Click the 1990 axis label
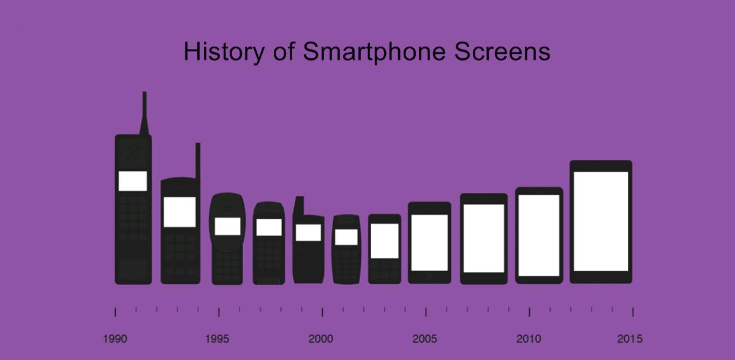115,339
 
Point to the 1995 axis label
217,339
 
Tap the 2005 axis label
424,339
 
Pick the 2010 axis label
529,339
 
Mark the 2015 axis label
630,339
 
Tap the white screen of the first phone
133,181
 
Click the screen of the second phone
180,212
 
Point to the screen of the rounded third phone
227,226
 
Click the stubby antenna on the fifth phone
300,205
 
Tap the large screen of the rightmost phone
601,221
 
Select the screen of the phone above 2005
429,242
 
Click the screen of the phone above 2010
539,236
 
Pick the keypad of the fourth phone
268,257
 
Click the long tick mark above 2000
323,312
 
